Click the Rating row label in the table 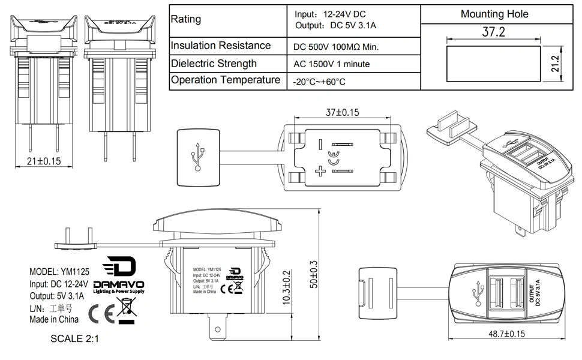tap(186, 19)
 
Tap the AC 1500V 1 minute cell tap(331, 64)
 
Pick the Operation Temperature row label tap(225, 80)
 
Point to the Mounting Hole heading tap(494, 14)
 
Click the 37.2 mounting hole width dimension tap(494, 32)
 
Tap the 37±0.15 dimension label tap(343, 112)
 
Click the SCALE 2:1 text tap(74, 338)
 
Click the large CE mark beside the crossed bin tap(98, 313)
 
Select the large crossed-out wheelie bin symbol tap(127, 311)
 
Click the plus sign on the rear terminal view tap(320, 172)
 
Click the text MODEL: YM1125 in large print tap(59, 271)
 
